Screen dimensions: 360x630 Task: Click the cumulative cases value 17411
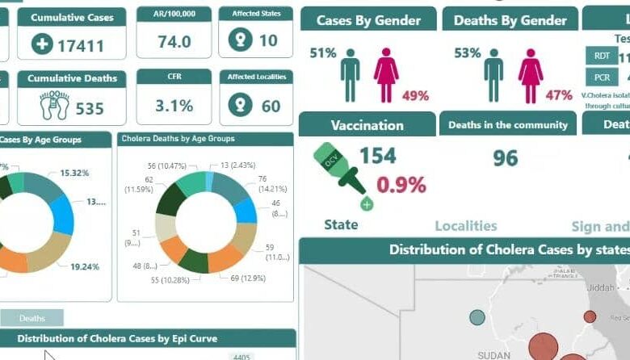(80, 45)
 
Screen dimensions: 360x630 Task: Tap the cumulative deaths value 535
(90, 108)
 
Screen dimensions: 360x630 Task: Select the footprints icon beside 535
(54, 106)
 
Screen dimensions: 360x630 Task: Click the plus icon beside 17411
(42, 44)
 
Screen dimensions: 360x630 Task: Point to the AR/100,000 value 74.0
(174, 42)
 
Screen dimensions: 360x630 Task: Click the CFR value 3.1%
(174, 105)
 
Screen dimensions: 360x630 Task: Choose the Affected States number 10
(267, 41)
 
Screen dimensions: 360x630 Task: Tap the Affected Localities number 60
(271, 105)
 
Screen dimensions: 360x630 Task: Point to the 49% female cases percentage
(415, 95)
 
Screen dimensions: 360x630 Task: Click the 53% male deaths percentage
(467, 53)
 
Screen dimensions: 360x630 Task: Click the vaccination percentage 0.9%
(401, 185)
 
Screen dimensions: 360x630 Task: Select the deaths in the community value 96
(506, 158)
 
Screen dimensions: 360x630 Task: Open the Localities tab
(466, 226)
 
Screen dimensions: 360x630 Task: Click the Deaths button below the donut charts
(32, 318)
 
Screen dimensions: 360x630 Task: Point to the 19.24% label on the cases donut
(85, 266)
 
